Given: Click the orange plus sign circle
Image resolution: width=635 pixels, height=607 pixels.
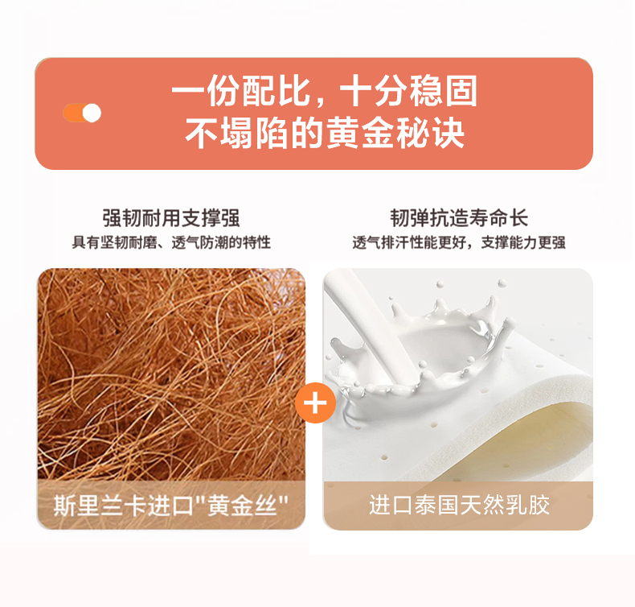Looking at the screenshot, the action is [x=315, y=403].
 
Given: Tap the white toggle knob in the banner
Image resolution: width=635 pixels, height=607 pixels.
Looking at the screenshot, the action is [x=92, y=113].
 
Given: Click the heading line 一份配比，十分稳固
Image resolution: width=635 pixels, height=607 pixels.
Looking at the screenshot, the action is [x=325, y=91].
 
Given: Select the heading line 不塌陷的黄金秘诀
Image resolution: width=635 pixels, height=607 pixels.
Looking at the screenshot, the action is [x=325, y=133].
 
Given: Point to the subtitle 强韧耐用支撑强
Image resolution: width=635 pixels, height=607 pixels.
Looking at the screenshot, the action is [x=171, y=218].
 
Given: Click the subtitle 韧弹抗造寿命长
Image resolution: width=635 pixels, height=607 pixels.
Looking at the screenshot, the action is [x=459, y=218].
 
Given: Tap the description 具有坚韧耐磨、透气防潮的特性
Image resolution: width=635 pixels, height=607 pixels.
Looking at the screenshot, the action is [x=171, y=242].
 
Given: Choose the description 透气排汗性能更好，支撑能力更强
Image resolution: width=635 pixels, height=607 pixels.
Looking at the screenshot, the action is [x=459, y=242].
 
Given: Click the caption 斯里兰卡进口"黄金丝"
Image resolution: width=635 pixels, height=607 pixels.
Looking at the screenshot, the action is [x=171, y=506].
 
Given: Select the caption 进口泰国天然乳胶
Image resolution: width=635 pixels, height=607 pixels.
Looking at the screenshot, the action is [x=459, y=506].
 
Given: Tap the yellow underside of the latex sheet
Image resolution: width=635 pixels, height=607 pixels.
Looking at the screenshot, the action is [x=539, y=442].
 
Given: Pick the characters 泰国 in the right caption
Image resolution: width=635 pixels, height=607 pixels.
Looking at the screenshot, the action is [x=436, y=506].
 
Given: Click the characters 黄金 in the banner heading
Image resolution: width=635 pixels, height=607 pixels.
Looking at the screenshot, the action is [x=359, y=133].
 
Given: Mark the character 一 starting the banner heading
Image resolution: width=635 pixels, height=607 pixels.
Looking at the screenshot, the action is [x=188, y=91].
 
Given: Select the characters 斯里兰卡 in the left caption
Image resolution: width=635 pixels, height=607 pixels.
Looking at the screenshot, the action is [x=100, y=506].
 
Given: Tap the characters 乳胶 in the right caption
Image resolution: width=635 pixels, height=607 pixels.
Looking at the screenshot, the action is [x=527, y=506].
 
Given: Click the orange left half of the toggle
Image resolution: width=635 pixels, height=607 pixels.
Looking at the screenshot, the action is [x=73, y=113].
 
